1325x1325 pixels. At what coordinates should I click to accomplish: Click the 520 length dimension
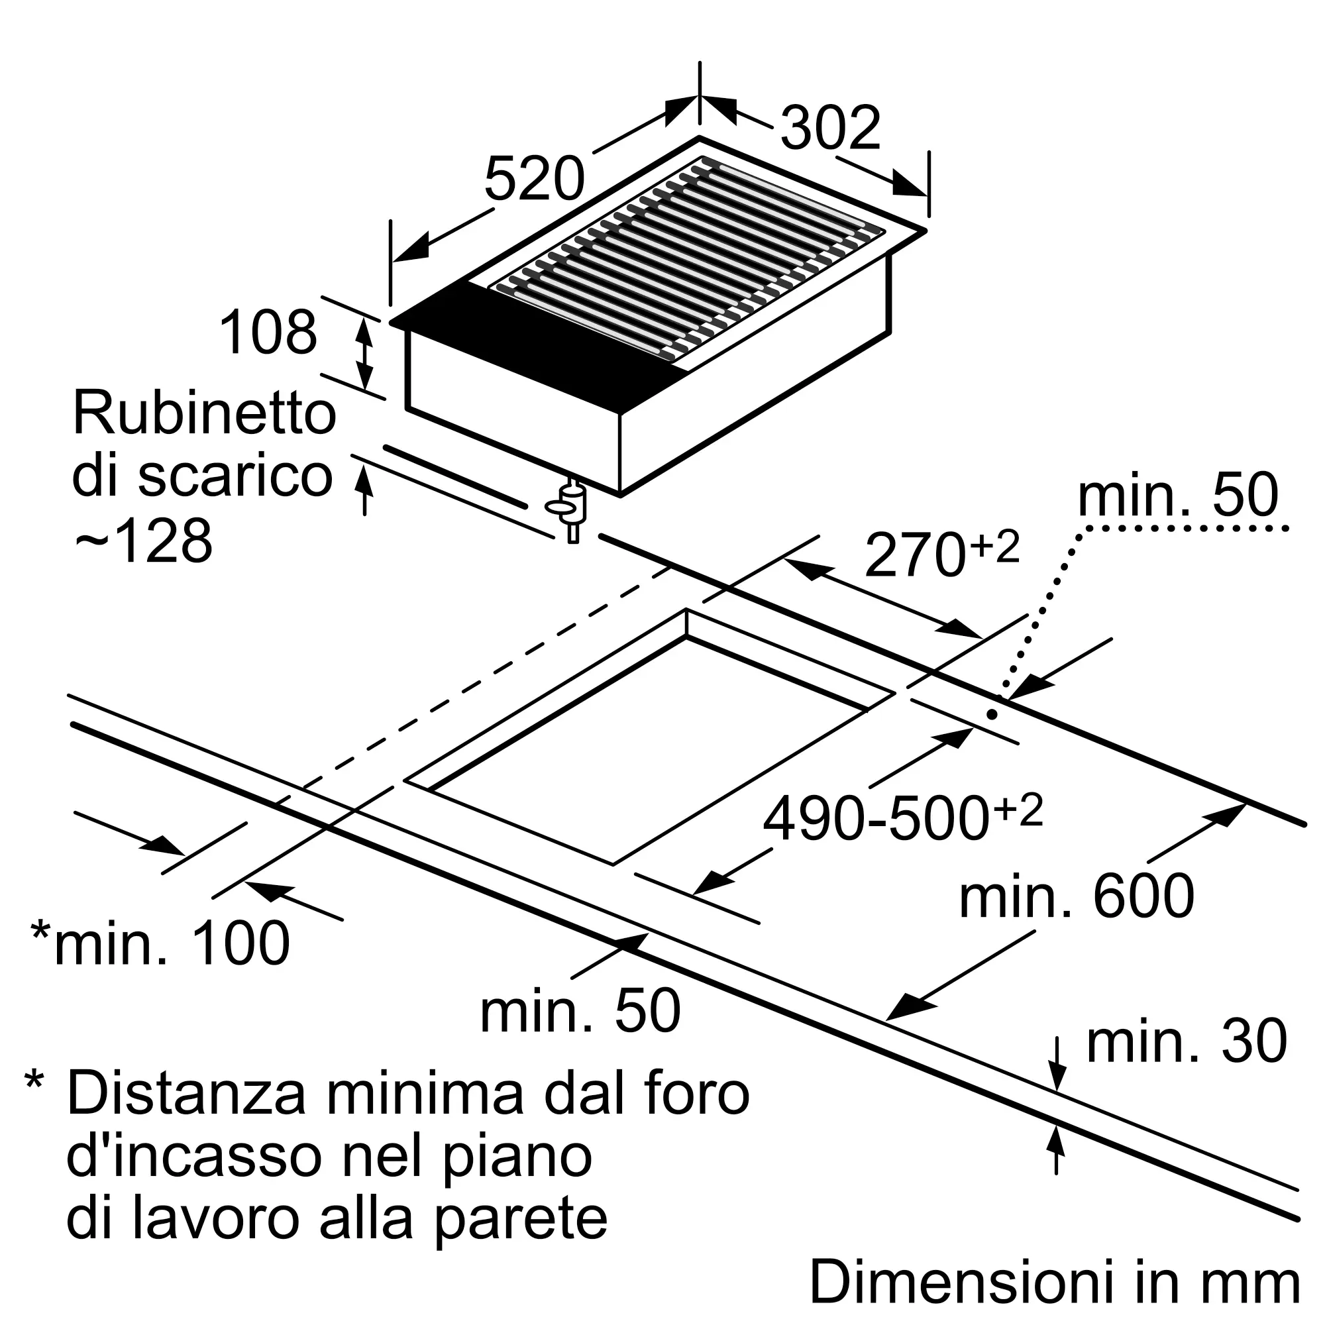[x=534, y=179]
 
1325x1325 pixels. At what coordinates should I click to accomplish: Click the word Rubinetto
[x=204, y=413]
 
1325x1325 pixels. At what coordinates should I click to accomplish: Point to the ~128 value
[x=143, y=542]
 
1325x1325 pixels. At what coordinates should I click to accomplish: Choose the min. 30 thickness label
[x=1187, y=1041]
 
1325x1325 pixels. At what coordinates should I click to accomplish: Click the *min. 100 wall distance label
[x=161, y=943]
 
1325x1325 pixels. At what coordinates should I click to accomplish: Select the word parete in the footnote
[x=522, y=1219]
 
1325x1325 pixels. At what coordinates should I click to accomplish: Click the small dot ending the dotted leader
[x=992, y=714]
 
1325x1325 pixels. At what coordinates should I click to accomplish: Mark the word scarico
[x=235, y=476]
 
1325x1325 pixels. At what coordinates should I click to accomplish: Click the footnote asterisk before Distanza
[x=34, y=1083]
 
